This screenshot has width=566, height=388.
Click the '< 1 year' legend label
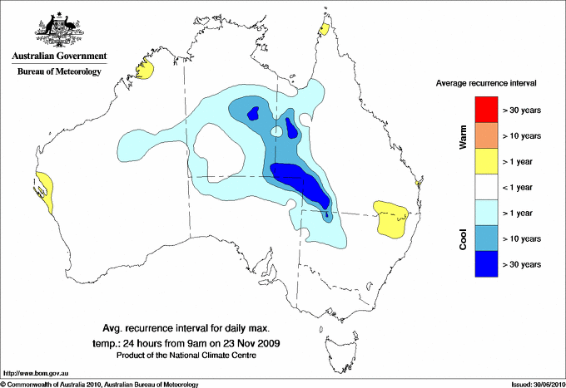pyautogui.click(x=523, y=187)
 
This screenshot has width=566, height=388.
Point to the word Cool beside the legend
pyautogui.click(x=463, y=239)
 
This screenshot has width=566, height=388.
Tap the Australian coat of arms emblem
pyautogui.click(x=58, y=32)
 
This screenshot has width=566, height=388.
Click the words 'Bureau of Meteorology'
pyautogui.click(x=58, y=72)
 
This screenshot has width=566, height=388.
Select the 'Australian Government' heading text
pyautogui.click(x=58, y=56)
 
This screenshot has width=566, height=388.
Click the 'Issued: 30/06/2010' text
pyautogui.click(x=536, y=384)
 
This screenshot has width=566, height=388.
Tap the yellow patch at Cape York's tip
pyautogui.click(x=324, y=30)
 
